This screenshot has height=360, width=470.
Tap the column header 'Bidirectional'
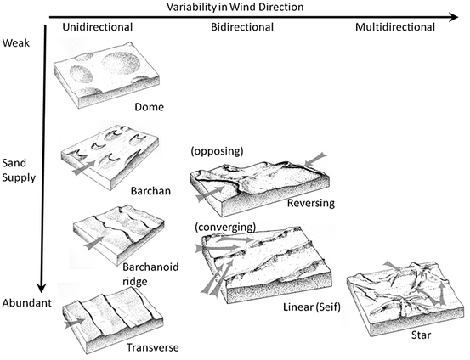click(243, 27)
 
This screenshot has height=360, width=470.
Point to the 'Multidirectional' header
click(394, 27)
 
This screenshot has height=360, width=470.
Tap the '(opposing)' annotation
click(219, 151)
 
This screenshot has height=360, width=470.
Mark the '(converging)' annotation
click(222, 228)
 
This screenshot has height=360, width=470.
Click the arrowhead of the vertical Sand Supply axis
click(40, 285)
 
